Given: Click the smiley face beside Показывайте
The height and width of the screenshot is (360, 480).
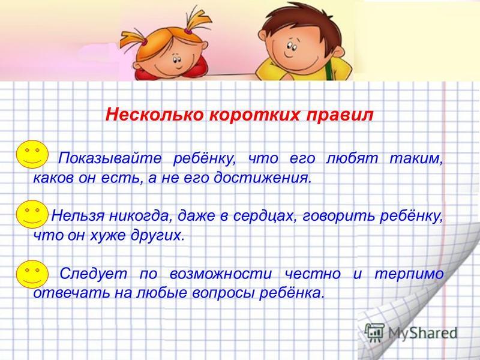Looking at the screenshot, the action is click(x=32, y=154).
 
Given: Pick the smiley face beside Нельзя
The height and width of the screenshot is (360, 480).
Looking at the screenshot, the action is click(x=32, y=214).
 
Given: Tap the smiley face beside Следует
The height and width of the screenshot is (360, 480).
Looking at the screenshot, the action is click(x=32, y=274).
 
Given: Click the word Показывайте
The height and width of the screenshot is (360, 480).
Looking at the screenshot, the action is click(x=110, y=159).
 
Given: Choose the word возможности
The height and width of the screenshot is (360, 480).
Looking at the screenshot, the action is click(x=221, y=274).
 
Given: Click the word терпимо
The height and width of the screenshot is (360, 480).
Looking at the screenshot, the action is click(x=409, y=274).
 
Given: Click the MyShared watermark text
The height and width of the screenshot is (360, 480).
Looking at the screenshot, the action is click(x=422, y=334).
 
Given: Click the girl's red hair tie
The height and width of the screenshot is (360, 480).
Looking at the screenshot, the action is click(x=187, y=31).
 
